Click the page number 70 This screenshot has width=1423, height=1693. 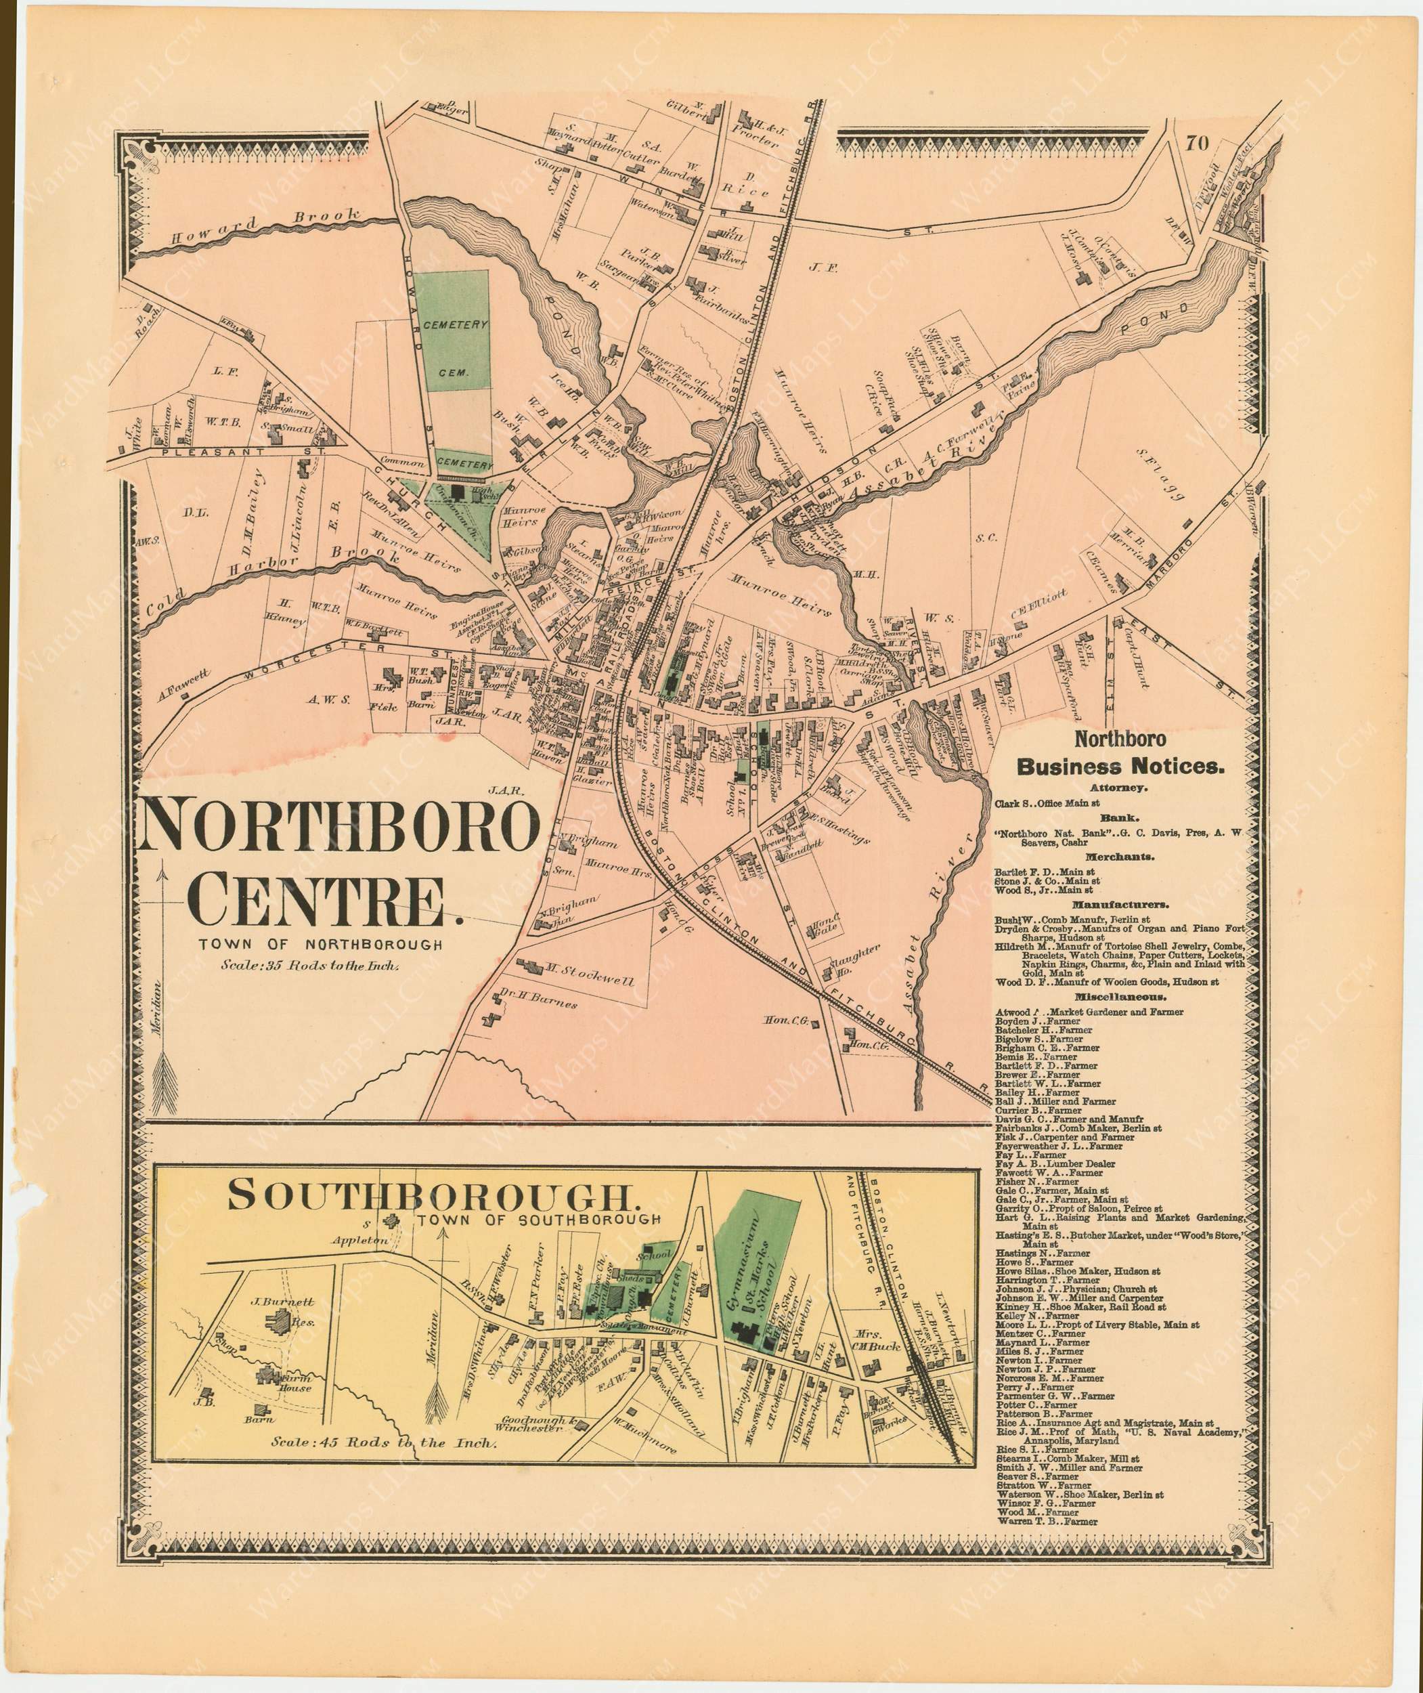(x=1197, y=144)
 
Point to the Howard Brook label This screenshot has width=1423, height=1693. (x=264, y=228)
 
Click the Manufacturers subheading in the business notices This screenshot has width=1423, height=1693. (x=1120, y=905)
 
